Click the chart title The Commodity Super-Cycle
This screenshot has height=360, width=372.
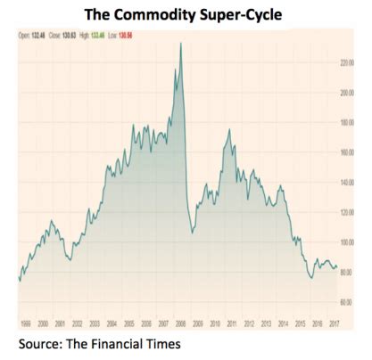point(186,13)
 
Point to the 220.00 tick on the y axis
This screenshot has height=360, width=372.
point(349,62)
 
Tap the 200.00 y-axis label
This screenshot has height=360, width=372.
point(349,92)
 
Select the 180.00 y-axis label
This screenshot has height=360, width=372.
point(349,122)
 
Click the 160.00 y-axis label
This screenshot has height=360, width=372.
point(349,152)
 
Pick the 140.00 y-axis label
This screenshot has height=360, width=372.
point(349,182)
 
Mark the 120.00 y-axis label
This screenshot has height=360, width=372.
point(349,212)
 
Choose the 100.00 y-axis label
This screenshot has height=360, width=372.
point(349,241)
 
